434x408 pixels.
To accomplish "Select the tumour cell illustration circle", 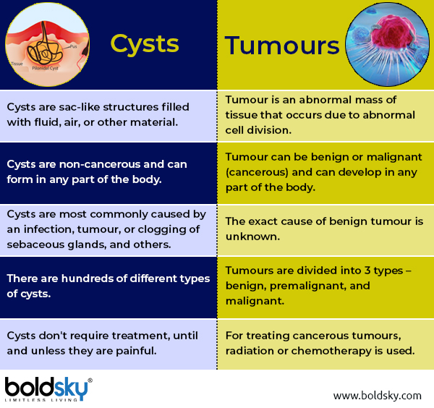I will [x=388, y=43].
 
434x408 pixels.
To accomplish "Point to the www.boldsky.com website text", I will [x=377, y=395].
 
